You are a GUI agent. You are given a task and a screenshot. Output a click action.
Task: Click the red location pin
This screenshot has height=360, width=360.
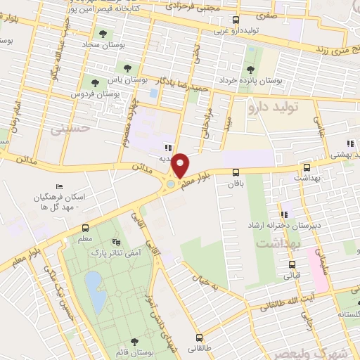(x=181, y=165)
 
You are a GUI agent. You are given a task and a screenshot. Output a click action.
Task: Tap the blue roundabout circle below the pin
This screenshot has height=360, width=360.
(x=171, y=185)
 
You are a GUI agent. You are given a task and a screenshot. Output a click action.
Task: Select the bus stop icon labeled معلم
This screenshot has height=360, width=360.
(x=85, y=228)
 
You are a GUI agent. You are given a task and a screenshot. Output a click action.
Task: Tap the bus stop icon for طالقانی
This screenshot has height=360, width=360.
(x=200, y=337)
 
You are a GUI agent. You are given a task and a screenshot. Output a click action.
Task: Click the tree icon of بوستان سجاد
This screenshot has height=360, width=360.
(x=103, y=33)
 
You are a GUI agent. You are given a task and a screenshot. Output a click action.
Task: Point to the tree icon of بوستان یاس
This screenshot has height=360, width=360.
(x=127, y=68)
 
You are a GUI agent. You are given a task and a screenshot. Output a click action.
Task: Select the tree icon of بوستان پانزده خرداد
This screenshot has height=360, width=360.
(x=250, y=69)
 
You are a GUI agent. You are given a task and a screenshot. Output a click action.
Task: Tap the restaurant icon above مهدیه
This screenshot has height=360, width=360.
(x=167, y=148)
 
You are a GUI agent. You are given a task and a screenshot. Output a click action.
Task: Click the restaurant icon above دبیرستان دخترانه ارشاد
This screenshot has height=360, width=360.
(x=284, y=214)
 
